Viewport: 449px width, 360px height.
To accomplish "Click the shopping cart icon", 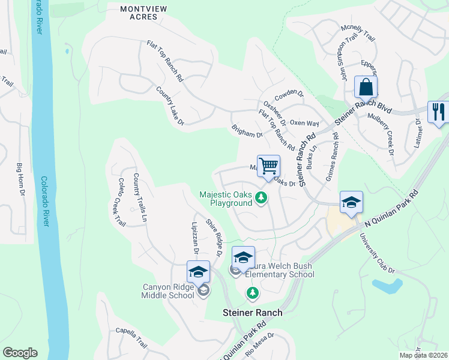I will click(x=268, y=165).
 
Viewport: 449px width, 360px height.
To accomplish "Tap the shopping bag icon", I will click(x=365, y=88).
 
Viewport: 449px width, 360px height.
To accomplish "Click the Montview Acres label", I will click(x=139, y=13).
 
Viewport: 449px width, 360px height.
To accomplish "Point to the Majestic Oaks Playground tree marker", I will click(x=261, y=197).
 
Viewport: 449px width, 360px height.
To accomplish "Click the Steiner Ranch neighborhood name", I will click(x=252, y=313).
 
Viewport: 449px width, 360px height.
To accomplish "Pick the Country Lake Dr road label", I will click(x=169, y=106).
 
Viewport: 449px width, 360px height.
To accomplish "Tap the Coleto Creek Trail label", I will click(x=122, y=202).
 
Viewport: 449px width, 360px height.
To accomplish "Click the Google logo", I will click(x=20, y=353).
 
